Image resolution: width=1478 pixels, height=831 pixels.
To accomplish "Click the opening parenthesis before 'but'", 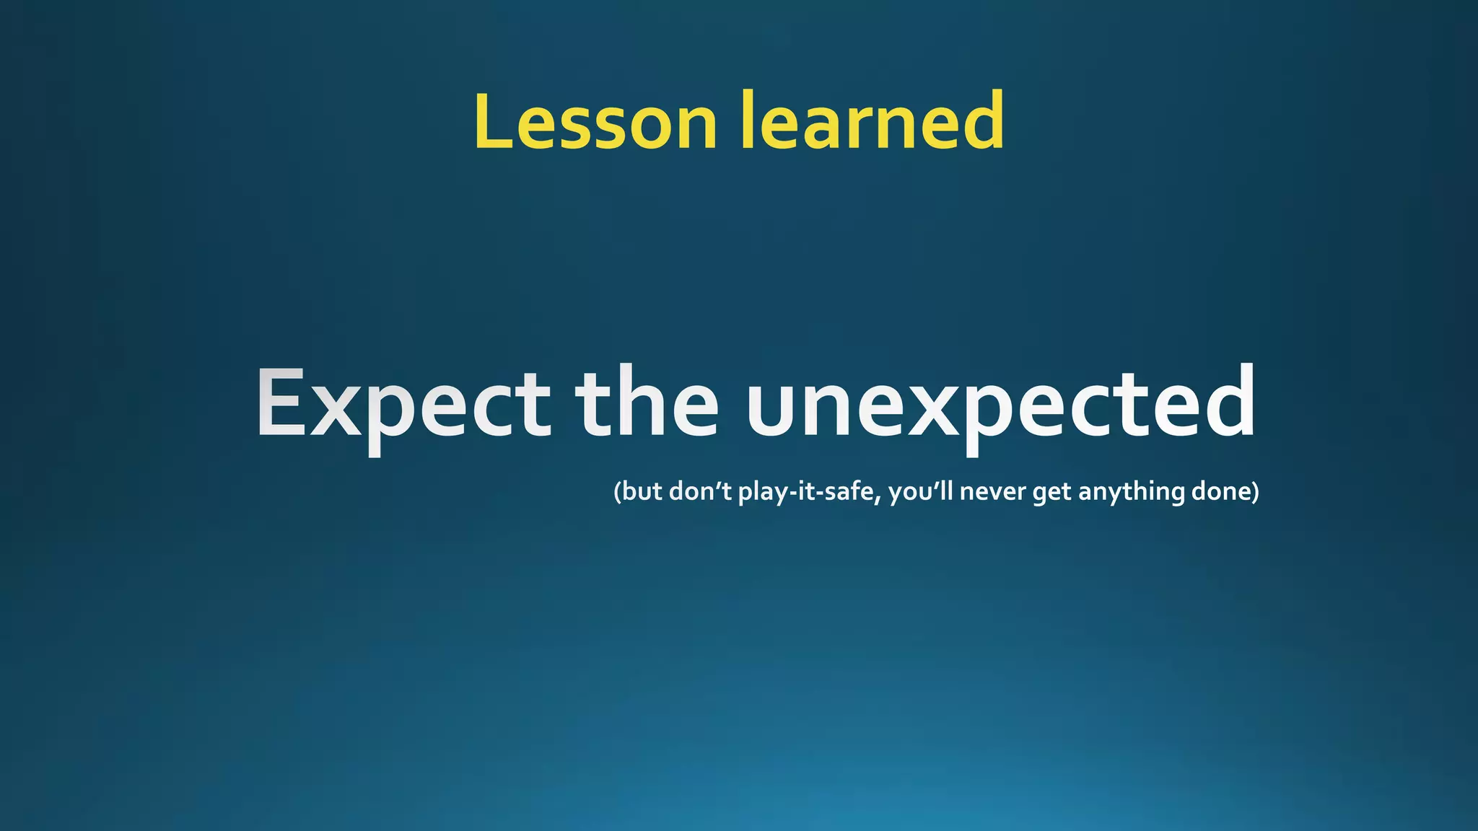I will (617, 492).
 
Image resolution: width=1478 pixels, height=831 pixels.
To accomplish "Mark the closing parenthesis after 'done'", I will (1256, 492).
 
